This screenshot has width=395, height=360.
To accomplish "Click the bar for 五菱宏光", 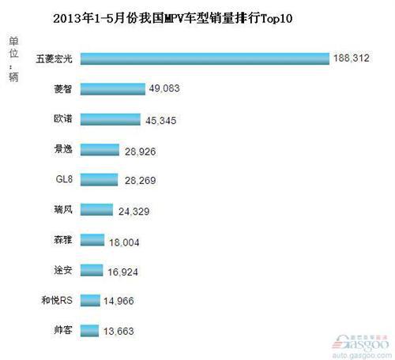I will pos(205,58).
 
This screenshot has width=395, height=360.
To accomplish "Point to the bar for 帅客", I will pos(89,329).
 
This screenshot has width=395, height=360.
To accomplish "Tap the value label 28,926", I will pos(141,150).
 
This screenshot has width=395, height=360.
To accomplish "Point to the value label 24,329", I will pos(134,211).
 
